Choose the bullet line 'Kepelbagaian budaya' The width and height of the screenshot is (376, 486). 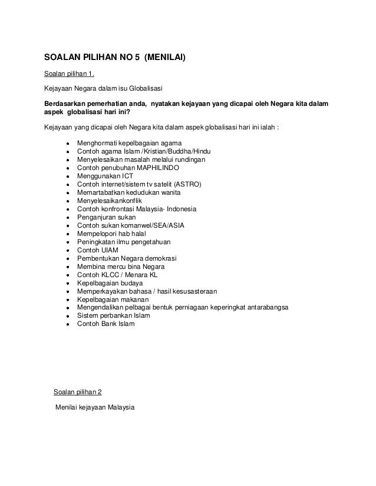coord(105,283)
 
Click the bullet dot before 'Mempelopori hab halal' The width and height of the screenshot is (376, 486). coord(68,234)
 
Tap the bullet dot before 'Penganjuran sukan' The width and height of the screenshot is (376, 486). coord(68,218)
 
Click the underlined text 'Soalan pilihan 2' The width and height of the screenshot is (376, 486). coord(81,392)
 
